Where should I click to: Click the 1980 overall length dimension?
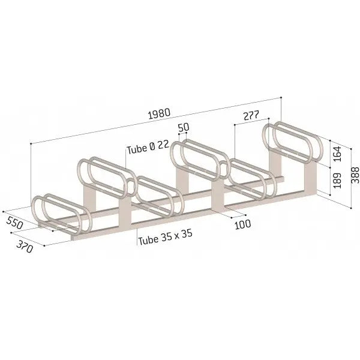pos(160,113)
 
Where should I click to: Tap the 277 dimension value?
pos(251,115)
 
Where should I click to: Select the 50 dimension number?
pos(184,127)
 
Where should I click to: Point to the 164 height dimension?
pos(337,154)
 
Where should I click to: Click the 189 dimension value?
pos(337,181)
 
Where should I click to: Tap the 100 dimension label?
pos(243,224)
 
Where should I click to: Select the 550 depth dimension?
pos(14,223)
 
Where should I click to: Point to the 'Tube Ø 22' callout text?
pos(148,148)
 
